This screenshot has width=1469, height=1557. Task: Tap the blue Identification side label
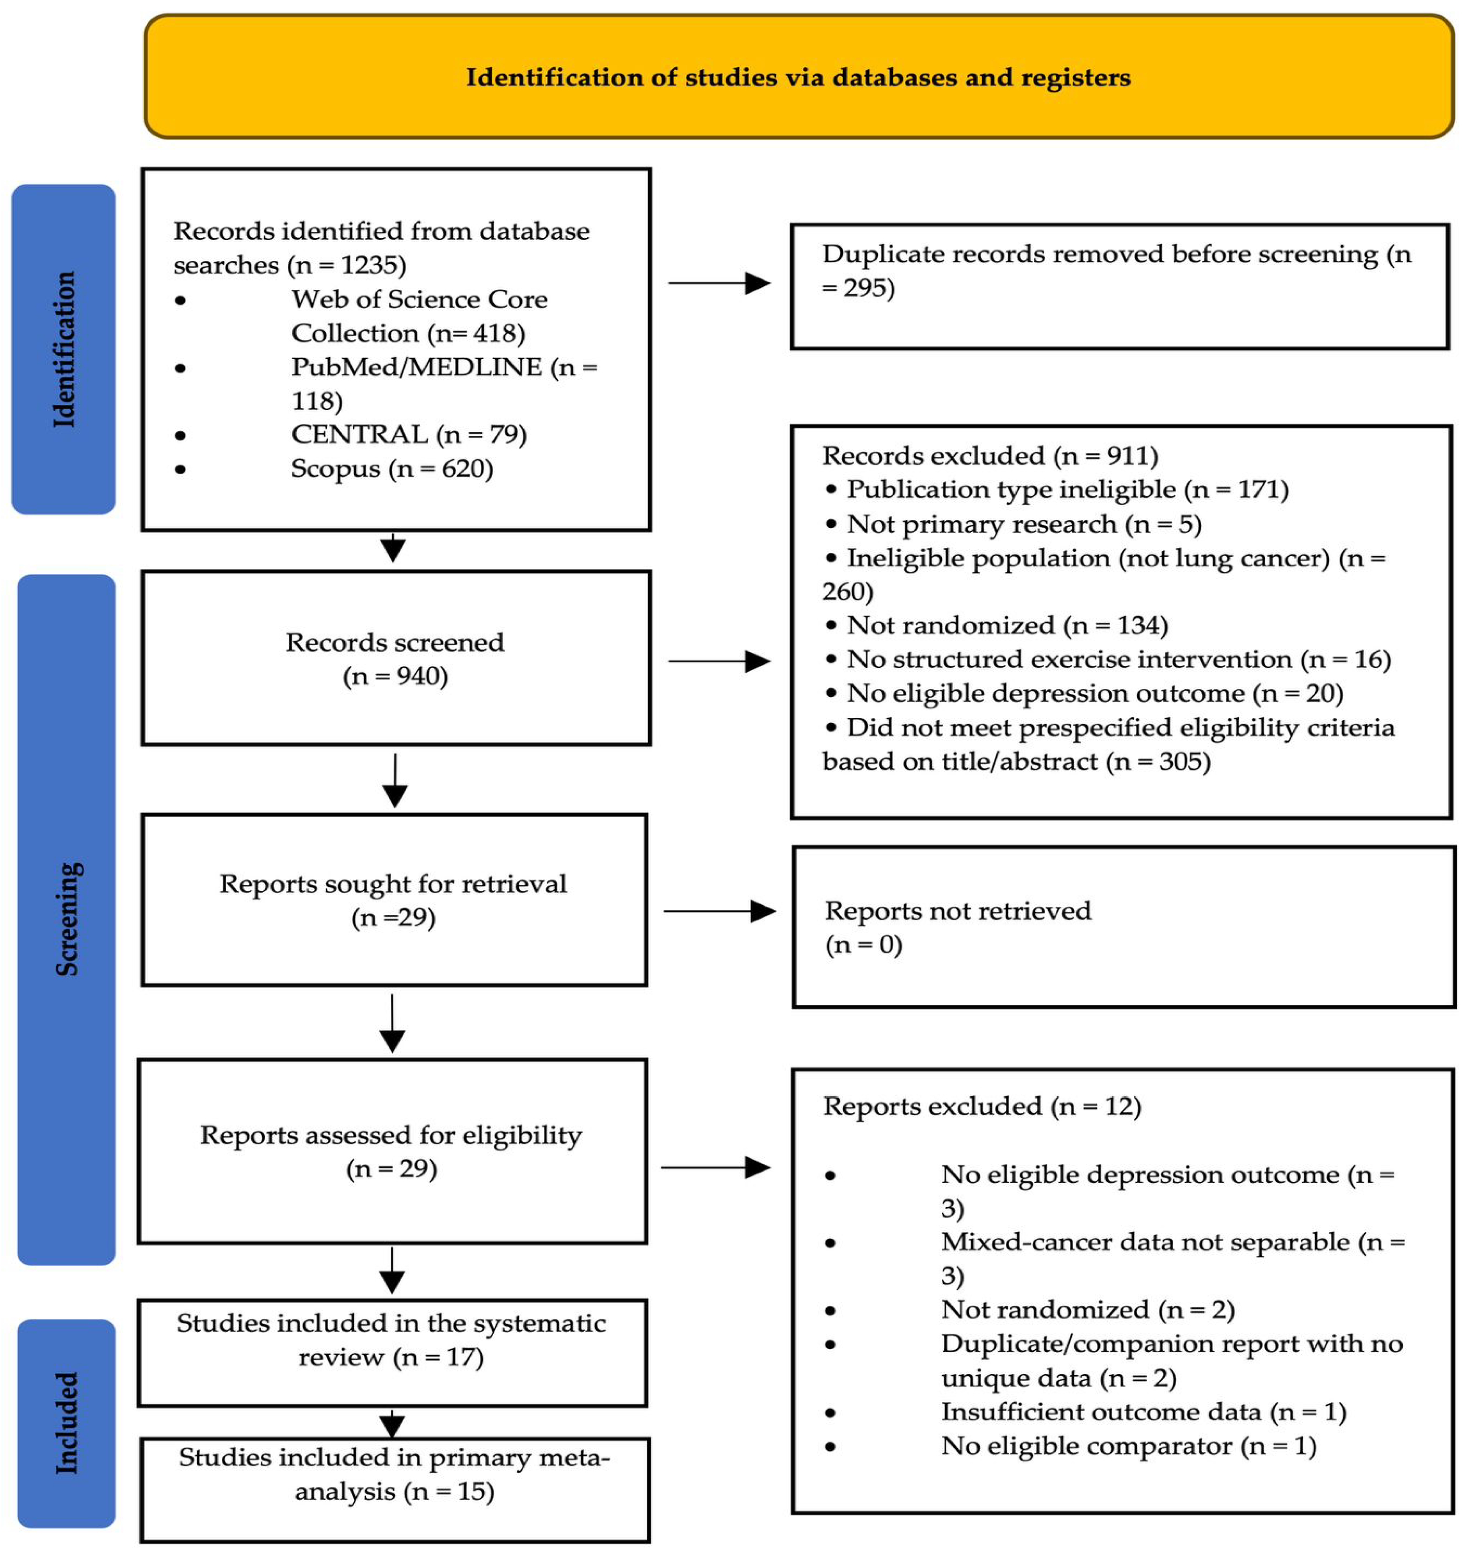click(64, 349)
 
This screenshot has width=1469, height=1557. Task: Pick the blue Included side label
click(67, 1422)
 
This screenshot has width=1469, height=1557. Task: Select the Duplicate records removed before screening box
click(1120, 287)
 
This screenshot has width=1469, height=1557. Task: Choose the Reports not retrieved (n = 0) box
click(1124, 927)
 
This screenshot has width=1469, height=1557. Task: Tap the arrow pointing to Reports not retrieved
click(720, 911)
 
